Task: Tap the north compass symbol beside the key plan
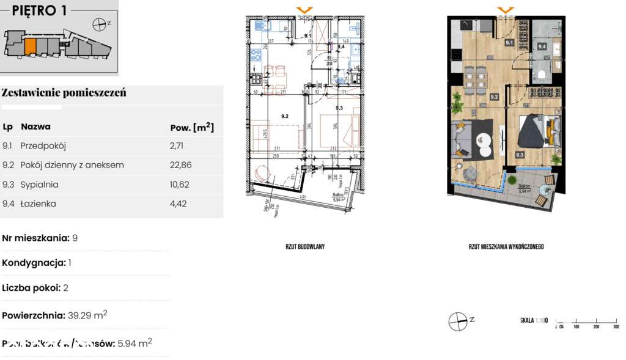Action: (x=99, y=24)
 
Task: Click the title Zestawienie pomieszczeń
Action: (x=64, y=93)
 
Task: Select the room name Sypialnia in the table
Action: (x=39, y=184)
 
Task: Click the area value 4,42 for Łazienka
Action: (x=177, y=204)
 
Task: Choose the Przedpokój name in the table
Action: (x=43, y=146)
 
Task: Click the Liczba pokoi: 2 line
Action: (x=40, y=288)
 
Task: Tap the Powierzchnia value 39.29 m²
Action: (x=87, y=315)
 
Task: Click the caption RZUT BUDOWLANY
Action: (x=304, y=247)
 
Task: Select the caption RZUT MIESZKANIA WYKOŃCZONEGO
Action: (x=506, y=247)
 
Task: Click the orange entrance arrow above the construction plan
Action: (x=304, y=10)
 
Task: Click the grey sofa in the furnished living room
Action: (x=461, y=138)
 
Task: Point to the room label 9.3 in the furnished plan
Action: (x=518, y=155)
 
